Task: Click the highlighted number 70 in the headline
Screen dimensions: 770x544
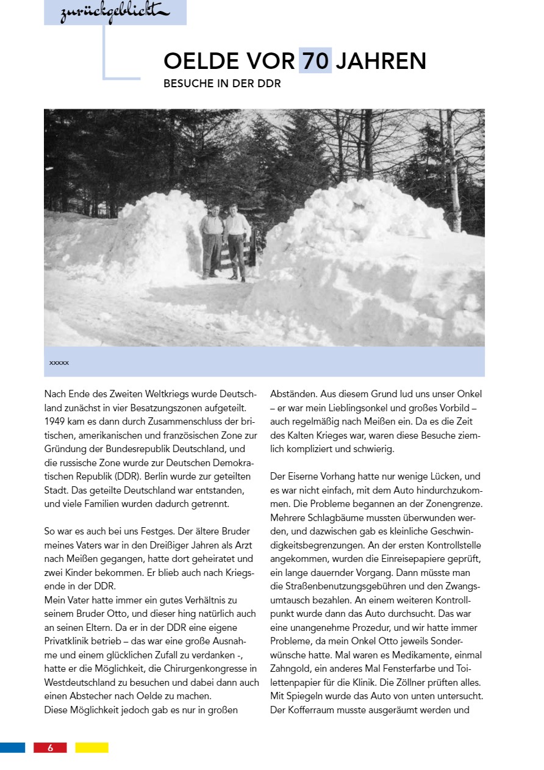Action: coord(315,61)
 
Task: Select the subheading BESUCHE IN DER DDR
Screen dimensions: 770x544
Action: coord(222,84)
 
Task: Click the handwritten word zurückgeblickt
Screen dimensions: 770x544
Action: coord(114,13)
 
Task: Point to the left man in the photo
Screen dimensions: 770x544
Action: coord(212,241)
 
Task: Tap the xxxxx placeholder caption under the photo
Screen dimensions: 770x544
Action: coord(59,363)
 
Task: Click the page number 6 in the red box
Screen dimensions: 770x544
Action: coord(50,747)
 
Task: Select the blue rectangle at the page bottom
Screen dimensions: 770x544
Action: coord(12,747)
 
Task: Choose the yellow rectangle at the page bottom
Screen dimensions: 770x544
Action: coord(91,747)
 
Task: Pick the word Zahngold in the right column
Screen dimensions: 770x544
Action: coord(290,669)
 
